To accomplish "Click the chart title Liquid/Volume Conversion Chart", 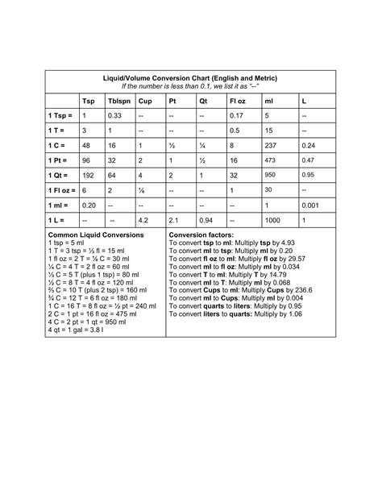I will point(190,78).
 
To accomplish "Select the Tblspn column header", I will point(119,102).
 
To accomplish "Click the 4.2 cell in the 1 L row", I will point(144,219).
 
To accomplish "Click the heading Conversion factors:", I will point(201,235).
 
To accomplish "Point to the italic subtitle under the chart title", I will point(190,86).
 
